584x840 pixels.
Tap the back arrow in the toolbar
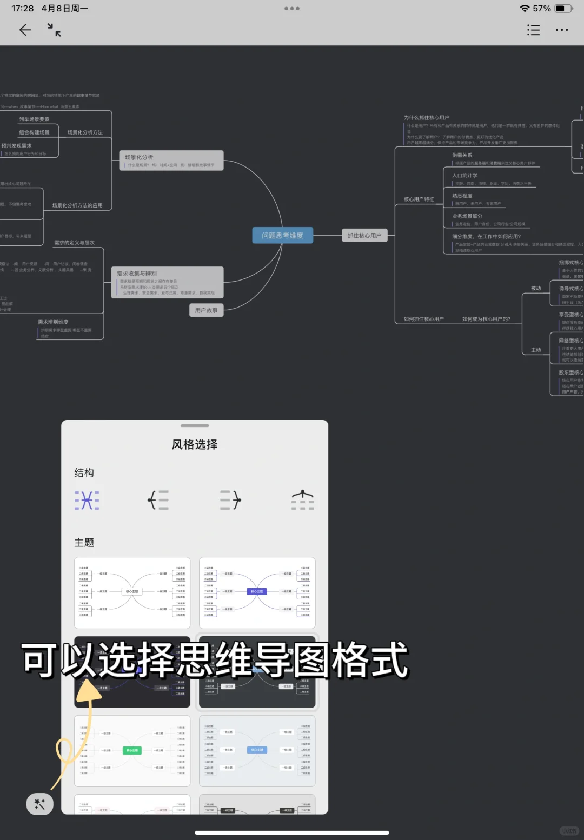pos(25,30)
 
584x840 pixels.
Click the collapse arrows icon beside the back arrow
pos(54,30)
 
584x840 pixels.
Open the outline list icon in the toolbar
pos(533,30)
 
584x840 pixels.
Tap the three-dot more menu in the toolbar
pos(562,30)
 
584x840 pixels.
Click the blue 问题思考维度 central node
pos(282,236)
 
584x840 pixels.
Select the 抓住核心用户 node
pos(364,236)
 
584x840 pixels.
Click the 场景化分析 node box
pos(171,161)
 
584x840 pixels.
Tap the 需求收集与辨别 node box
pos(167,282)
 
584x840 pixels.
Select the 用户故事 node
pos(206,310)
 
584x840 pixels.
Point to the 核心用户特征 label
pos(419,199)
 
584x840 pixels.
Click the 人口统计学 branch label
pos(465,176)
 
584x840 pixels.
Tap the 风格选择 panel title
pos(195,444)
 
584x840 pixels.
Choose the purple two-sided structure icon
pos(87,500)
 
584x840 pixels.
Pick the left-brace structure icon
pos(158,500)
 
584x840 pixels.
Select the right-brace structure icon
pos(230,500)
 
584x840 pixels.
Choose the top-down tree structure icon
pos(302,500)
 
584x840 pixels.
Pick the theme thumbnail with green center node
pos(132,751)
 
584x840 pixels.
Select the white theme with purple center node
pos(257,592)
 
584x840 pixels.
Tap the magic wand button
pos(40,804)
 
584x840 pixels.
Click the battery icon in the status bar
pos(563,9)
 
